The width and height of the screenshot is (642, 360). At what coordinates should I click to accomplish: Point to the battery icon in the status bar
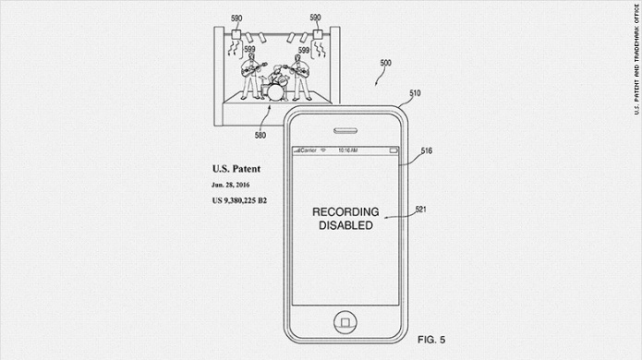394,149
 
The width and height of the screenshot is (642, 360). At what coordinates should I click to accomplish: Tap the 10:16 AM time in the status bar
348,149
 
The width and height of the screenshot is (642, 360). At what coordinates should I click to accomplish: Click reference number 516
426,150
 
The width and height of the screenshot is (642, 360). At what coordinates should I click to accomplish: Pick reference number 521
420,210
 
